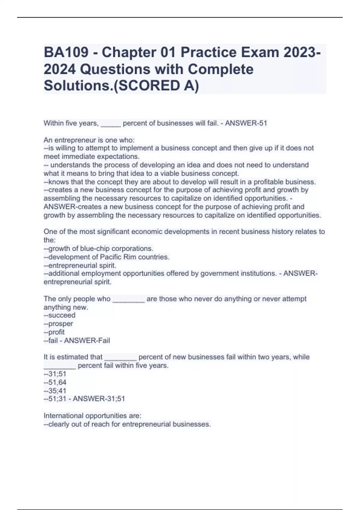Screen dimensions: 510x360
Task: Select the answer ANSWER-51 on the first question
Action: click(x=246, y=123)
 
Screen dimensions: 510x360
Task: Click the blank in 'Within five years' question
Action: click(x=111, y=124)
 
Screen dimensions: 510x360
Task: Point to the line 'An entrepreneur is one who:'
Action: click(x=89, y=140)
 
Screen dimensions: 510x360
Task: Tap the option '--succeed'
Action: click(x=59, y=315)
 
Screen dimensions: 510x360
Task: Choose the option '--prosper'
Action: click(x=58, y=324)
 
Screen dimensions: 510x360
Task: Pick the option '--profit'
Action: click(x=54, y=332)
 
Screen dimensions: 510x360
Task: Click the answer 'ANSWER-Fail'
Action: click(x=87, y=340)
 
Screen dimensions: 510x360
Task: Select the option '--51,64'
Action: click(x=55, y=382)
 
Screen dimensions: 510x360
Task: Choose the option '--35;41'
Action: click(x=55, y=391)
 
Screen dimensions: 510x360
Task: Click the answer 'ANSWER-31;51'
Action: click(x=99, y=399)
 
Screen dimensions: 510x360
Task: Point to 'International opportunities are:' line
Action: click(x=92, y=416)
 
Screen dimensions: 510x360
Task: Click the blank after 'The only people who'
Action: click(x=128, y=300)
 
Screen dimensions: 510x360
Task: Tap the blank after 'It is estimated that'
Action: click(x=120, y=358)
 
